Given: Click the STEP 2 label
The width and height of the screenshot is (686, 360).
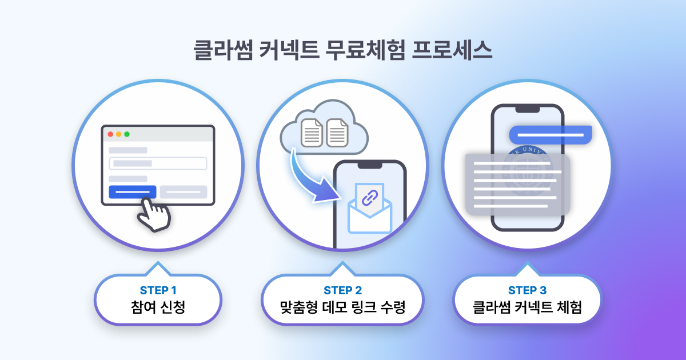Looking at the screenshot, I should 342,290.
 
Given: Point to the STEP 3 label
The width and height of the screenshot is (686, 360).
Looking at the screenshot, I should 527,290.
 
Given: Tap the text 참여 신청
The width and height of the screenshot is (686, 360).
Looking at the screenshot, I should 158,307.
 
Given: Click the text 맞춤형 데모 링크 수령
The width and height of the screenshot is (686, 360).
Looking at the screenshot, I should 342,307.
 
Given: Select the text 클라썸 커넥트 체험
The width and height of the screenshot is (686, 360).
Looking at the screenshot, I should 527,307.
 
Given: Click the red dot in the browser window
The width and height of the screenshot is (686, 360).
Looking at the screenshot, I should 110,134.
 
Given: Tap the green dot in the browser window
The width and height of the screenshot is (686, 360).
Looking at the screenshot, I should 127,134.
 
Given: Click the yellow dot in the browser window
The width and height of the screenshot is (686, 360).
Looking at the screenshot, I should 118,134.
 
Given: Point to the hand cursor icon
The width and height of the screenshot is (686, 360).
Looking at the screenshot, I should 153,214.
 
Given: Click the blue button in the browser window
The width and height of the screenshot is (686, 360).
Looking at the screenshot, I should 132,192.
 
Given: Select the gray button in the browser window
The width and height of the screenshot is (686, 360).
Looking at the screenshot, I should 183,192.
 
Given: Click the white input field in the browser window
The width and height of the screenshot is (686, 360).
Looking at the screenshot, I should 157,163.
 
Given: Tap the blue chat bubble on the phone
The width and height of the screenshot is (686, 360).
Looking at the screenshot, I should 550,135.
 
